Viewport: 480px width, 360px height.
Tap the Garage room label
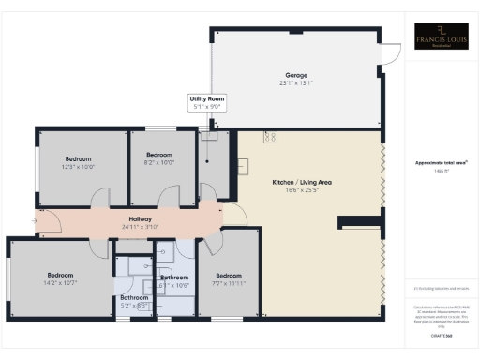(297, 75)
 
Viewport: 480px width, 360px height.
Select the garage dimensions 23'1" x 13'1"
(297, 83)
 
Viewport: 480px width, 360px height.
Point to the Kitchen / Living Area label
(303, 181)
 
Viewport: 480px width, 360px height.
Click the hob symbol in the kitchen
(271, 138)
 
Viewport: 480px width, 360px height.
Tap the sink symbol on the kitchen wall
(242, 168)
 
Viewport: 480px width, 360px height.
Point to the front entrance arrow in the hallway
(37, 221)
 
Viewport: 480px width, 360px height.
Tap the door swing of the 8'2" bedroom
(169, 197)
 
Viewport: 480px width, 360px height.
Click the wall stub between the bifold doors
(361, 222)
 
